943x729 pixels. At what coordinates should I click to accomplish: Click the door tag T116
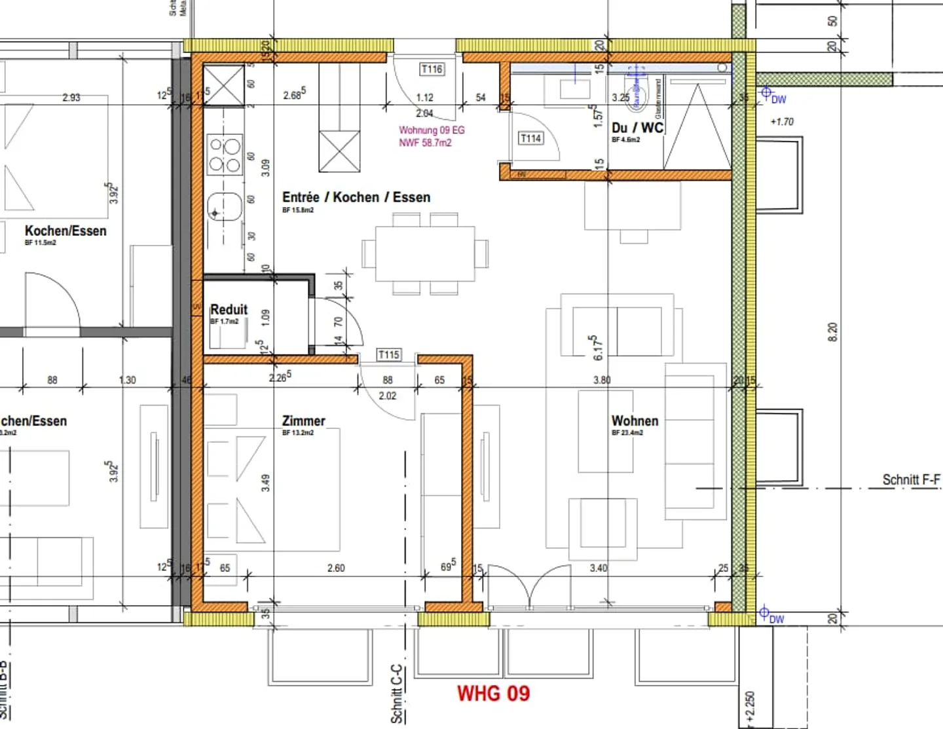pos(432,69)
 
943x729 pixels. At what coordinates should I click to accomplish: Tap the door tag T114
pos(530,138)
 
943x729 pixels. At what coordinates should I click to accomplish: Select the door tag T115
pos(388,354)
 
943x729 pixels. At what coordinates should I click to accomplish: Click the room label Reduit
pos(229,309)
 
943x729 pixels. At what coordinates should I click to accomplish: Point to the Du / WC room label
pos(637,128)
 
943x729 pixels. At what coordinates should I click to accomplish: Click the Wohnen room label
pos(635,421)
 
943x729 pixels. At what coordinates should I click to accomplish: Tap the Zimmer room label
pos(303,421)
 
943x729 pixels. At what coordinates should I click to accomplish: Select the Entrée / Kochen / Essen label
pos(356,197)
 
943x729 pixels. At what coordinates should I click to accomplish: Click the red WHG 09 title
pos(493,694)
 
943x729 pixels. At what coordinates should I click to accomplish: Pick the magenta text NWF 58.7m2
pos(425,143)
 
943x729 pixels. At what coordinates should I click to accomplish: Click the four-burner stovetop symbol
pos(224,155)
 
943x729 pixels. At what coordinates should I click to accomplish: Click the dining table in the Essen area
pos(425,253)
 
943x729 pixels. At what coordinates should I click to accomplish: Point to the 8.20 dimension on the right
pos(832,332)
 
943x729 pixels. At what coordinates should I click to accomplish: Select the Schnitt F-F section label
pos(910,479)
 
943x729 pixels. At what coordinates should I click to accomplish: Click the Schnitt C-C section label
pos(396,694)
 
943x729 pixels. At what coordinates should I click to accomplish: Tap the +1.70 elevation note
pos(782,122)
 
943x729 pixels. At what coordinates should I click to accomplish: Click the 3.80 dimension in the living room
pos(601,379)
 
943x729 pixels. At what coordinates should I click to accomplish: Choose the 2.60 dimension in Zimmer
pos(336,568)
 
